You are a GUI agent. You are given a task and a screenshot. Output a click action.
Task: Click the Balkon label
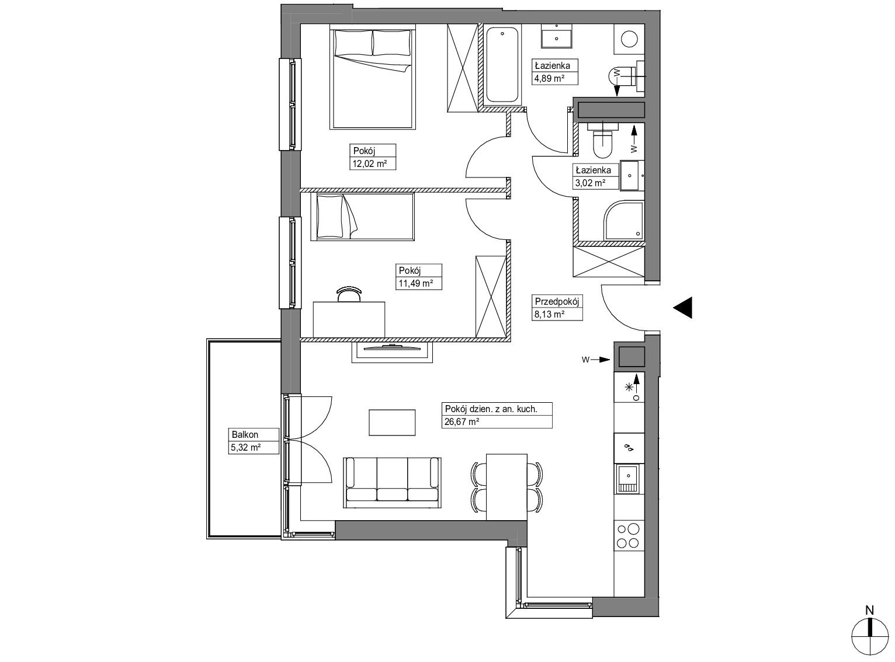click(245, 434)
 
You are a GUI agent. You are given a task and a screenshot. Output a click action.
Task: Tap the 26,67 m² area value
click(462, 422)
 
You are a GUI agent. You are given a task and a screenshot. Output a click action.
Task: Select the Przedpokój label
click(557, 301)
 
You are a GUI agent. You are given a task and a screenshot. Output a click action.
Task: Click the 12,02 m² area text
click(370, 163)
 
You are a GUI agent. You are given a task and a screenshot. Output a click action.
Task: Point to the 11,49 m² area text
click(415, 283)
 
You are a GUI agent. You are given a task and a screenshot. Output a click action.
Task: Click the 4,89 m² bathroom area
click(549, 78)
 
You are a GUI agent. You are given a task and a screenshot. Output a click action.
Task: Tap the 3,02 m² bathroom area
click(590, 183)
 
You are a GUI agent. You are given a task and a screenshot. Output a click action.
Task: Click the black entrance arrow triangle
click(682, 308)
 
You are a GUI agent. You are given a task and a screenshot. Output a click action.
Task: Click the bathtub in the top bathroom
click(502, 65)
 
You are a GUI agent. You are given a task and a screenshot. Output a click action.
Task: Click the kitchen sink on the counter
click(627, 479)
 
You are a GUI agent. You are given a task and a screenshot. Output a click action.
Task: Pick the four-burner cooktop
click(629, 535)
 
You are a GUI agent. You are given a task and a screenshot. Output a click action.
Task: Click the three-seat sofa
click(392, 482)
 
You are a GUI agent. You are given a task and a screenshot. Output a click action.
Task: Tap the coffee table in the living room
click(392, 423)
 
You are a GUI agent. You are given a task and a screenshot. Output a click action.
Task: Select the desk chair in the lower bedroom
click(349, 294)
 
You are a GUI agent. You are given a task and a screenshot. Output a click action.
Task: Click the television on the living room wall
click(391, 346)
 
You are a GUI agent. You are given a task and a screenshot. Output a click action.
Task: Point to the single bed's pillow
click(329, 216)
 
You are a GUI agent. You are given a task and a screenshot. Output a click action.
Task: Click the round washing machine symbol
click(629, 40)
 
